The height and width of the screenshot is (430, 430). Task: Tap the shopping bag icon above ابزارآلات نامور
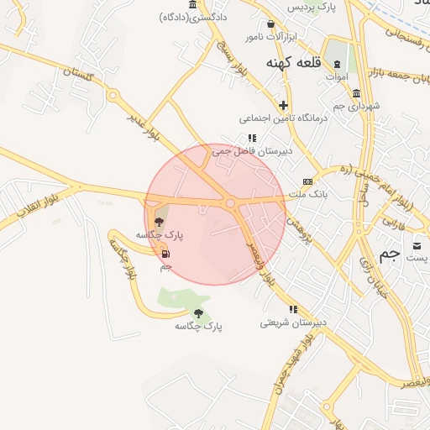[270, 24]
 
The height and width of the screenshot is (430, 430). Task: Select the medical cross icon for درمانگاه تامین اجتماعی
[283, 105]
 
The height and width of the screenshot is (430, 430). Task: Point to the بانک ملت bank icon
[307, 181]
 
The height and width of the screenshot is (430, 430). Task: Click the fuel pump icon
[165, 254]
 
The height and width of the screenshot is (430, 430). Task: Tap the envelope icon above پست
[417, 245]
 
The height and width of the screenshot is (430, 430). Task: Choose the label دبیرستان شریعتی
[293, 322]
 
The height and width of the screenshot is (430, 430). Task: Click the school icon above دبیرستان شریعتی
[293, 309]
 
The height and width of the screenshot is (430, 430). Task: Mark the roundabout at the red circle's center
[230, 202]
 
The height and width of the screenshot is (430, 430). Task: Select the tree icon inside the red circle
[160, 223]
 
